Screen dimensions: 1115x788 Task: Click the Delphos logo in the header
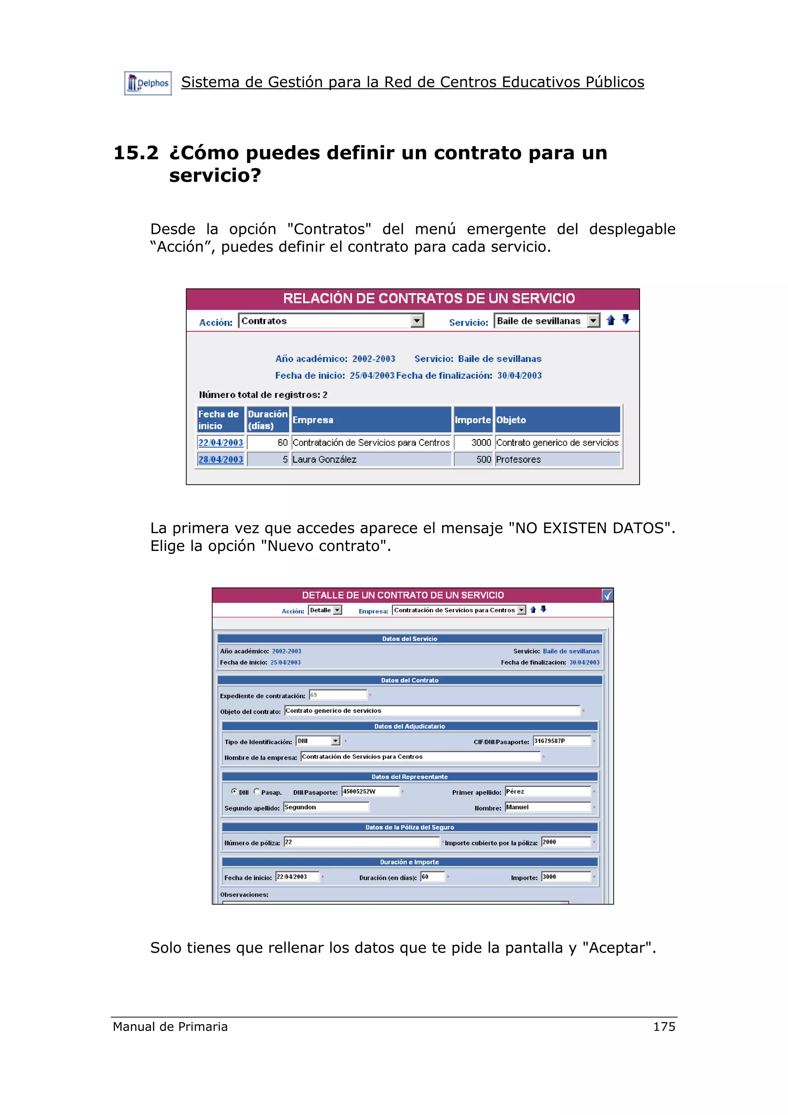(x=148, y=83)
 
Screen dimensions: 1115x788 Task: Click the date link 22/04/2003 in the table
(x=220, y=442)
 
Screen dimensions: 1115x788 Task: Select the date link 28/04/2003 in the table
(x=220, y=459)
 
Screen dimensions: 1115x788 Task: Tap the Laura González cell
(x=324, y=459)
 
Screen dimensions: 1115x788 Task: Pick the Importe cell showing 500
(x=483, y=459)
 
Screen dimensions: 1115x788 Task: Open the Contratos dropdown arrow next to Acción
(x=417, y=321)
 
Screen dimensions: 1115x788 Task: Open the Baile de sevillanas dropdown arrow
(x=593, y=321)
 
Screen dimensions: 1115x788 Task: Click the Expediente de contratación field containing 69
(x=338, y=695)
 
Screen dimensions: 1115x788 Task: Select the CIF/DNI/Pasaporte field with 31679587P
(x=561, y=741)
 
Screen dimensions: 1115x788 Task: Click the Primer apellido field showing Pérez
(x=547, y=791)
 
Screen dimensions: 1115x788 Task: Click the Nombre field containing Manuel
(x=547, y=807)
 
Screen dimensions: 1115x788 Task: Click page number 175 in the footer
(x=664, y=1026)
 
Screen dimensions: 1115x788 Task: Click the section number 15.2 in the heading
(x=135, y=153)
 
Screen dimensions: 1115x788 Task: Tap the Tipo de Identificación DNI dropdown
(x=318, y=741)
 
